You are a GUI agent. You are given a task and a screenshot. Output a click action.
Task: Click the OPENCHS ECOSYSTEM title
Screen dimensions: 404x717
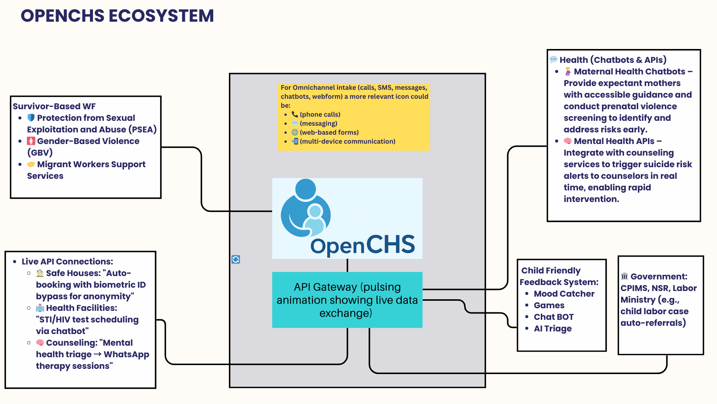click(117, 16)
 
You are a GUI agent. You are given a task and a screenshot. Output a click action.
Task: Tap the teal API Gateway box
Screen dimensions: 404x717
click(347, 300)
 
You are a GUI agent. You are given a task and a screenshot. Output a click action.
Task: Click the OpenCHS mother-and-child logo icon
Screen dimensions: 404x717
click(305, 208)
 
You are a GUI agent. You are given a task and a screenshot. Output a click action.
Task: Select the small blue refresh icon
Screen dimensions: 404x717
click(236, 259)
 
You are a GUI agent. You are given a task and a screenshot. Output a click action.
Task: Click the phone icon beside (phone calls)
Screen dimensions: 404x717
click(295, 114)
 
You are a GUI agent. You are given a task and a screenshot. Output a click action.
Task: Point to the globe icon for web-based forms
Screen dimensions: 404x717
click(295, 132)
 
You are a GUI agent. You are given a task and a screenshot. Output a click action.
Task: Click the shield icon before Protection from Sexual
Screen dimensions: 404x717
click(31, 118)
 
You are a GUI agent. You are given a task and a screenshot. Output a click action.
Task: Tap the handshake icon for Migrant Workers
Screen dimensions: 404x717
click(31, 164)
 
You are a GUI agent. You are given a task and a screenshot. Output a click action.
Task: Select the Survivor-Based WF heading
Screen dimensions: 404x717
click(54, 106)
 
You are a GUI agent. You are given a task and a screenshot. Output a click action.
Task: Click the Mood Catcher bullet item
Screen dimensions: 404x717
click(564, 294)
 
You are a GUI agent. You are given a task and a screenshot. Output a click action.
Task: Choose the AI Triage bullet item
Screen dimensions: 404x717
click(553, 328)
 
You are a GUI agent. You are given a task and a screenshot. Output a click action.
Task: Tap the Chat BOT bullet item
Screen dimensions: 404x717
click(553, 317)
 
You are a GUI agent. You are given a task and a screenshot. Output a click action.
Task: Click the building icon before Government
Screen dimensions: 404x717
click(624, 276)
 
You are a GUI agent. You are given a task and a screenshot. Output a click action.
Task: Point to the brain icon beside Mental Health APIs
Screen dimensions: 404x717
click(568, 141)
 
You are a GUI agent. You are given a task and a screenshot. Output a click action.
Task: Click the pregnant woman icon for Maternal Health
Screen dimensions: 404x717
click(568, 71)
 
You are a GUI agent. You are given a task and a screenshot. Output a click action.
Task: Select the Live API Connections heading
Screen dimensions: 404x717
click(67, 261)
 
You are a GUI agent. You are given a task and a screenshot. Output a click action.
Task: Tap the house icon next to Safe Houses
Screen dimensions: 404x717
click(40, 273)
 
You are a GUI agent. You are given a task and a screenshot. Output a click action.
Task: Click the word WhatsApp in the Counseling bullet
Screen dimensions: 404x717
click(126, 354)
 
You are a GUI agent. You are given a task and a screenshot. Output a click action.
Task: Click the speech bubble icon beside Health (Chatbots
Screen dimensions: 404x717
click(553, 60)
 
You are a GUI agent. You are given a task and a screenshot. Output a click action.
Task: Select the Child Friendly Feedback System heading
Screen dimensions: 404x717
click(559, 276)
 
